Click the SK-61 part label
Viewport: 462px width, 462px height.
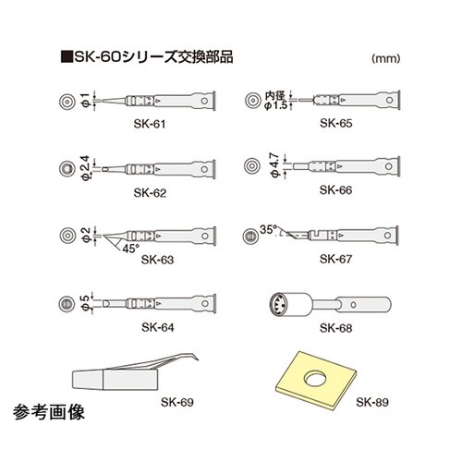pyautogui.click(x=150, y=124)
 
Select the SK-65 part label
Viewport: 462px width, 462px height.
pyautogui.click(x=336, y=123)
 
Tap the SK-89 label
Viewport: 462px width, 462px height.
pyautogui.click(x=372, y=402)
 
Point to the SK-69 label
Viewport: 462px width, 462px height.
pyautogui.click(x=177, y=402)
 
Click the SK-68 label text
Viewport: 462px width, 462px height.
pyautogui.click(x=335, y=328)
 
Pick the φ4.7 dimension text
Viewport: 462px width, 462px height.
pyautogui.click(x=275, y=165)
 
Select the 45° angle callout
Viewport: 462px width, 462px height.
pyautogui.click(x=130, y=249)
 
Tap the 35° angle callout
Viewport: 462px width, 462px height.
pyautogui.click(x=269, y=229)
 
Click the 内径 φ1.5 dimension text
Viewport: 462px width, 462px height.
pyautogui.click(x=276, y=101)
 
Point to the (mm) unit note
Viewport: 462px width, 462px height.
pyautogui.click(x=386, y=58)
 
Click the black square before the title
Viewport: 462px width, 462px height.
pyautogui.click(x=67, y=57)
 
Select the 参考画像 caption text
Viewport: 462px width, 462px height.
pyautogui.click(x=49, y=412)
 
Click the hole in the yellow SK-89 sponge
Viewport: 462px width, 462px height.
pyautogui.click(x=315, y=379)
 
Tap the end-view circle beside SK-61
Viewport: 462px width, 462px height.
pyautogui.click(x=67, y=101)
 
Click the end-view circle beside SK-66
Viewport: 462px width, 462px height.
pyautogui.click(x=252, y=165)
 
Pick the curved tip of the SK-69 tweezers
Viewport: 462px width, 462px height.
pyautogui.click(x=195, y=358)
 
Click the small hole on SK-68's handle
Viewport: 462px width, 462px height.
pyautogui.click(x=353, y=305)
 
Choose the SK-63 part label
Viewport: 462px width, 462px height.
pyautogui.click(x=157, y=260)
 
